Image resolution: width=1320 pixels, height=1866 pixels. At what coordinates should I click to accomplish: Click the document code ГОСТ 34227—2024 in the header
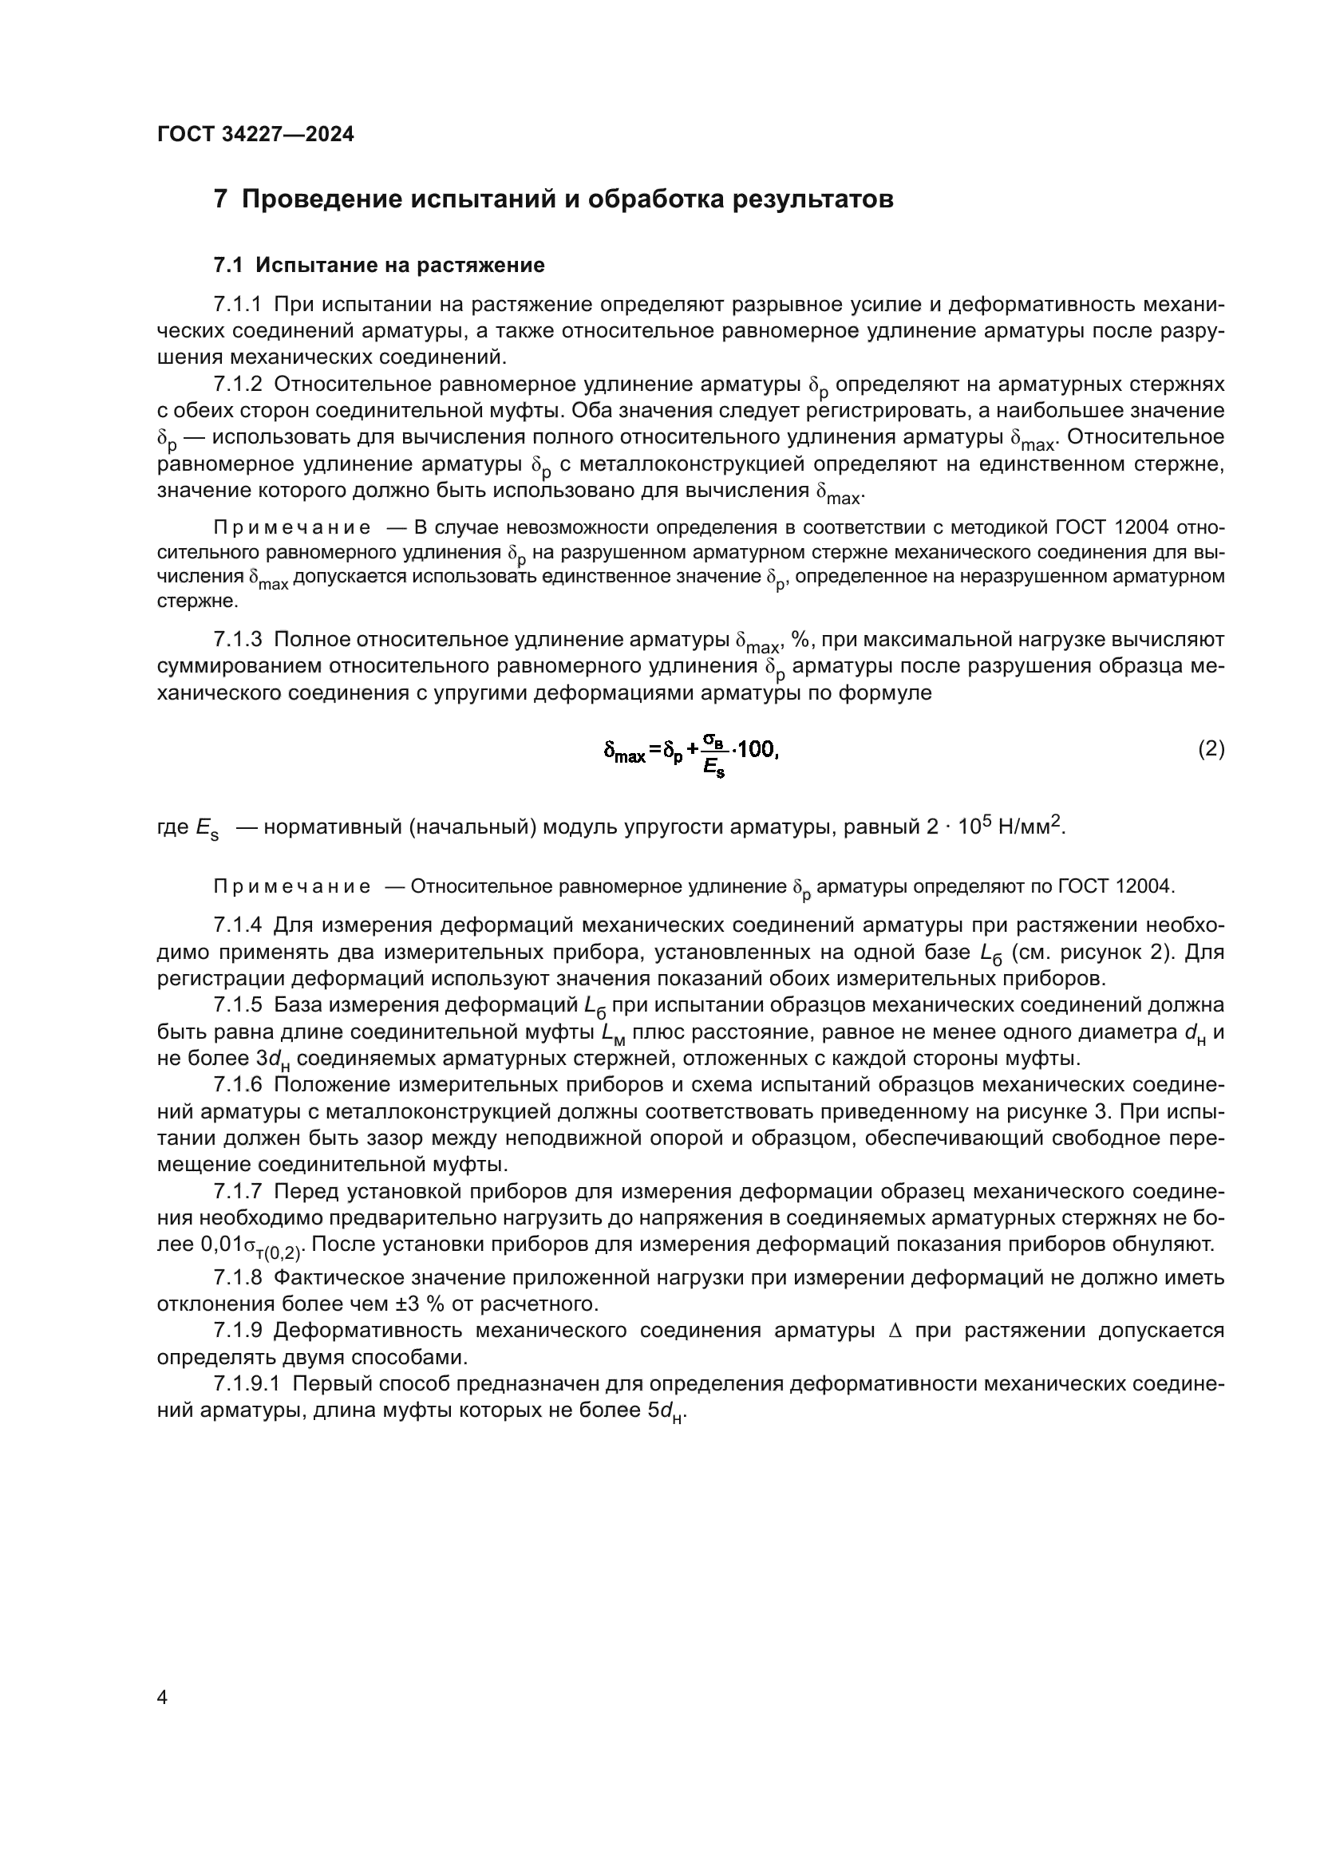pos(255,134)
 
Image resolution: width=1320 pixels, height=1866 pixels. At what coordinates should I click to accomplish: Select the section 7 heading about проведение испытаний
pos(553,199)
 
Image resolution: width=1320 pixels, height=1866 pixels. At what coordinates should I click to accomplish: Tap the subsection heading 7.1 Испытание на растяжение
pos(379,265)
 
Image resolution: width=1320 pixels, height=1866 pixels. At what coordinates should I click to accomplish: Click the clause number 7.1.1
pos(237,305)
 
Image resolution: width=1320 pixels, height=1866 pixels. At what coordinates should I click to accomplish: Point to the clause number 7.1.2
pos(237,385)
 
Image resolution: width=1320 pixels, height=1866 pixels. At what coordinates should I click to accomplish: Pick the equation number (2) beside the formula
pos(1211,748)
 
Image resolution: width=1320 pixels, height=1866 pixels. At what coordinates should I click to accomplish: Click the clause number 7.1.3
pos(237,640)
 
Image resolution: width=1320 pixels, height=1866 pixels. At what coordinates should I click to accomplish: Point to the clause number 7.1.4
pos(237,925)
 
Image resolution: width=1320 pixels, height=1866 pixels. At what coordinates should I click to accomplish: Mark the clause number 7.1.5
pos(237,1005)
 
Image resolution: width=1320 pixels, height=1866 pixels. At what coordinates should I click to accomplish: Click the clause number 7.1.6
pos(237,1085)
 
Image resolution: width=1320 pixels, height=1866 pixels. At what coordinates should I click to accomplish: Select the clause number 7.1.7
pos(237,1191)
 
